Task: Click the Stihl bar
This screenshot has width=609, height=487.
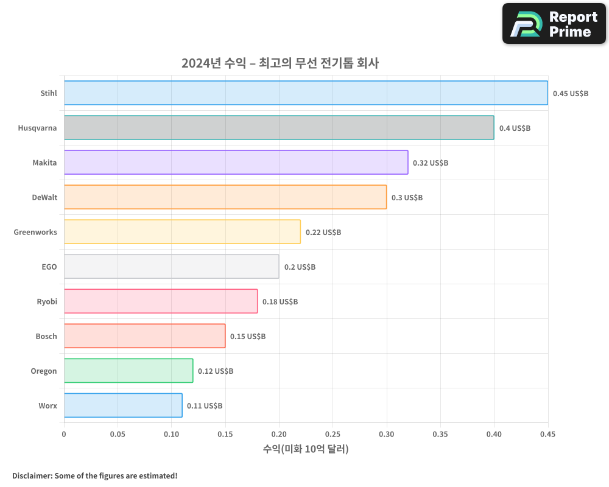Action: pos(306,93)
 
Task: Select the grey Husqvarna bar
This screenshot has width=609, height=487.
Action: pos(279,128)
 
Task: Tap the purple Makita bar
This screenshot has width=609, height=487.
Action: pos(236,163)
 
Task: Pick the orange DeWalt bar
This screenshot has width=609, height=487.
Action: pos(225,197)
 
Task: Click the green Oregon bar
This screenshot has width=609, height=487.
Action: pos(128,371)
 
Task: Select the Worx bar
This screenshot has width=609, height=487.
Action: pos(123,405)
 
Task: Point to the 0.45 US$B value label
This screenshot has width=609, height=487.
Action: pos(571,94)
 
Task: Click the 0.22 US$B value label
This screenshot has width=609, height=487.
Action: pos(323,233)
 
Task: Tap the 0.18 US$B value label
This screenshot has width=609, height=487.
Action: pos(280,302)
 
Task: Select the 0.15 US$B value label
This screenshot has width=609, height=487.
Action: pos(248,337)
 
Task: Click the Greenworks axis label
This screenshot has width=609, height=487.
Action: pos(35,232)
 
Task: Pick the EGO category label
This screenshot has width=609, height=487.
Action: pos(49,267)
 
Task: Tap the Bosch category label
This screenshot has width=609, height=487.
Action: pos(46,336)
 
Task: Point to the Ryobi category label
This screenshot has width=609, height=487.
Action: pos(47,301)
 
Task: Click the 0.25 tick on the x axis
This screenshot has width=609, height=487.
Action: pos(333,435)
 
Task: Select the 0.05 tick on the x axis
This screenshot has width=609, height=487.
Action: pos(118,435)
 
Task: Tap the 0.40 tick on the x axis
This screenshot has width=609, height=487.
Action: pos(494,435)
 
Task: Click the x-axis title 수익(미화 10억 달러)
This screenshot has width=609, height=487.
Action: pos(306,449)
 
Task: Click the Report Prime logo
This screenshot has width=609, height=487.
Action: pos(554,24)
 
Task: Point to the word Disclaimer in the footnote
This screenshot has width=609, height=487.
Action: pos(31,476)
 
